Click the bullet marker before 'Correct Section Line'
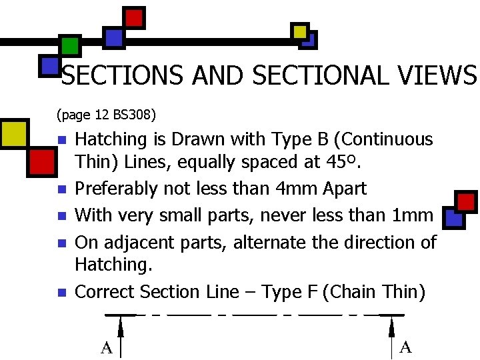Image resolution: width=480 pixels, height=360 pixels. pos(62,292)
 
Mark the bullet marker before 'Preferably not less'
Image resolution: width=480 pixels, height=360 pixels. pos(62,189)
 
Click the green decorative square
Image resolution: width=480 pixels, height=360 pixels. pos(69,45)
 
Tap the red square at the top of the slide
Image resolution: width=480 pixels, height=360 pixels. pos(134,17)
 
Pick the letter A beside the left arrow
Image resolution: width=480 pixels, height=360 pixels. pos(105,347)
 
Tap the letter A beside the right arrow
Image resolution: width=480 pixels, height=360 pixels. pos(405,347)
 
